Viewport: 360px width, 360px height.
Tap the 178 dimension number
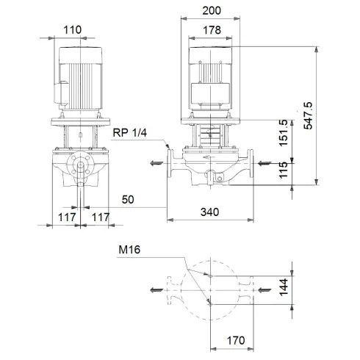click(211, 30)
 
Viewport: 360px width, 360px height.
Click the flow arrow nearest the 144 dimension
click(263, 290)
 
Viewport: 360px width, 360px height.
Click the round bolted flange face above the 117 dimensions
click(81, 168)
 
